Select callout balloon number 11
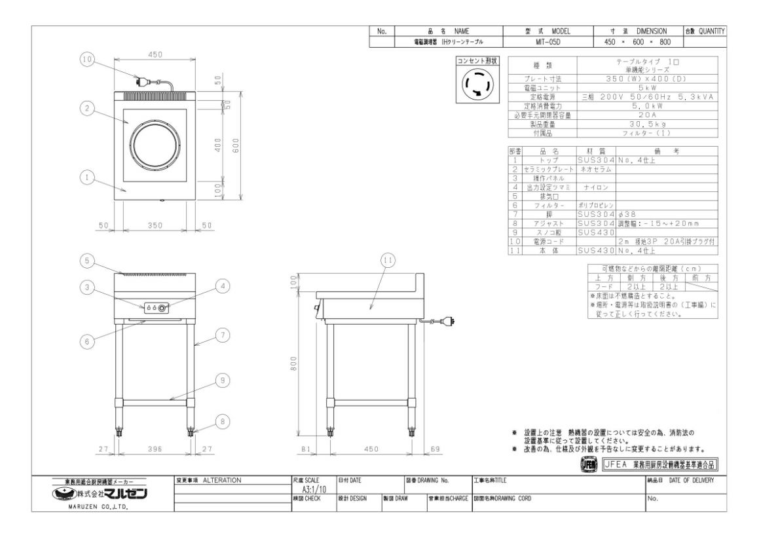click(387, 260)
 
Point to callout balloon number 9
click(222, 379)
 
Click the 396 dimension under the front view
click(155, 450)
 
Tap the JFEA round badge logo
click(589, 464)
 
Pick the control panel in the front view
click(156, 307)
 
